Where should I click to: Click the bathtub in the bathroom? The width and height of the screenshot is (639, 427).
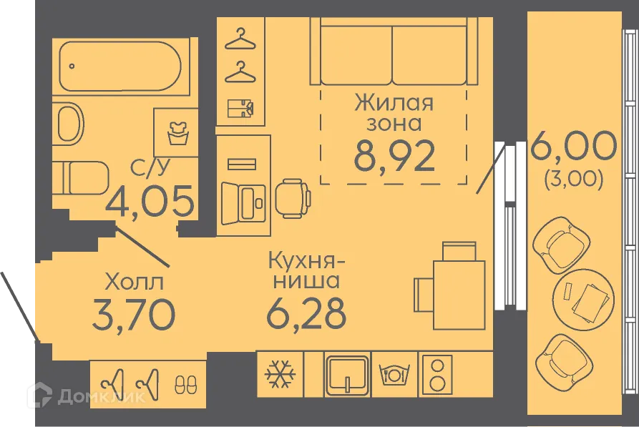pyautogui.click(x=122, y=66)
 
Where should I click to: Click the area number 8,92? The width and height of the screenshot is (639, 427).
pyautogui.click(x=394, y=155)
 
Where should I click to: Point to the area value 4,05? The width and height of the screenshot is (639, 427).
pyautogui.click(x=150, y=201)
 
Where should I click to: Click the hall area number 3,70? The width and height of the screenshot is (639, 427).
pyautogui.click(x=133, y=314)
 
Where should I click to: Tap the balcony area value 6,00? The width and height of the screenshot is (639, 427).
pyautogui.click(x=573, y=149)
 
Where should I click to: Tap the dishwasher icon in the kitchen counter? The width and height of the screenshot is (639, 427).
pyautogui.click(x=391, y=374)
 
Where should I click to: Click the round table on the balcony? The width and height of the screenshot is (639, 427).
pyautogui.click(x=585, y=294)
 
